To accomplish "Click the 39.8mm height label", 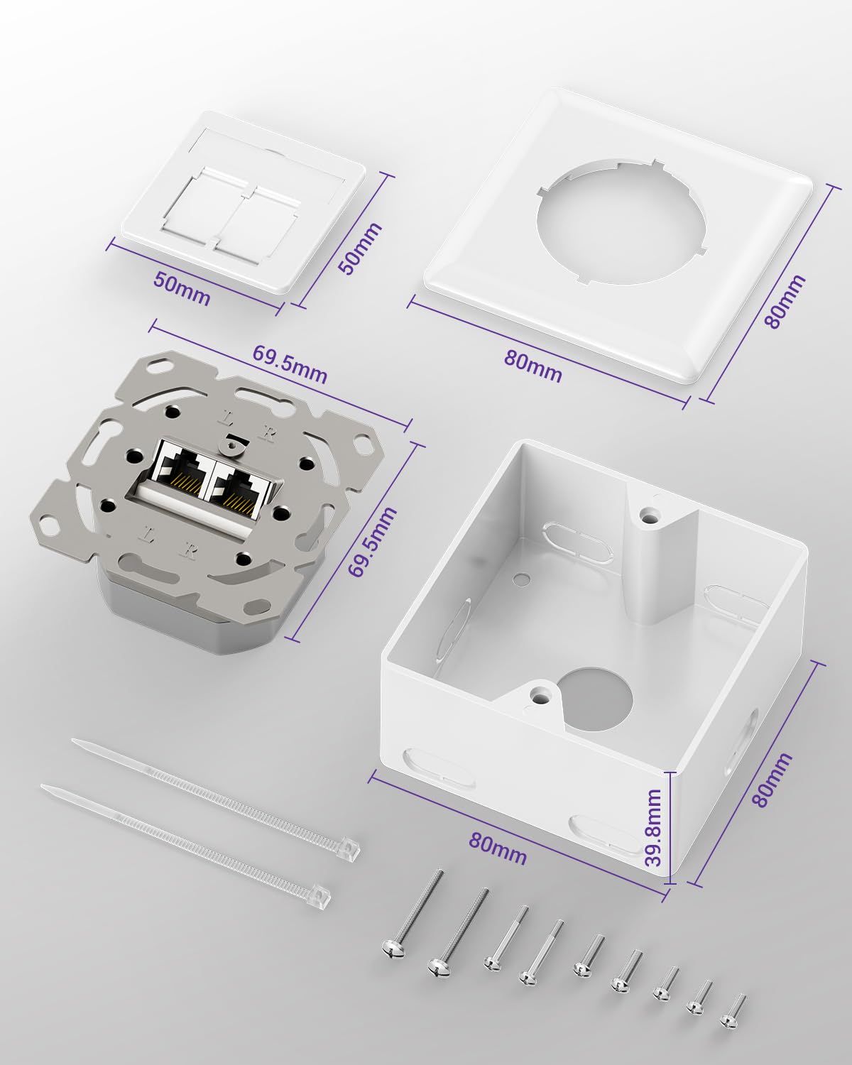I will click(654, 827).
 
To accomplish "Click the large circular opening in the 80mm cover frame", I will click(623, 222).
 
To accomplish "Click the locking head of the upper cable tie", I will click(346, 848).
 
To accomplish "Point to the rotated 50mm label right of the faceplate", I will click(360, 248).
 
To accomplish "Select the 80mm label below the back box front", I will click(498, 848).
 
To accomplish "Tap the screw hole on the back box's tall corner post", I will click(647, 515).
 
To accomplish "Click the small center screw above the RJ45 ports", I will click(229, 446).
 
